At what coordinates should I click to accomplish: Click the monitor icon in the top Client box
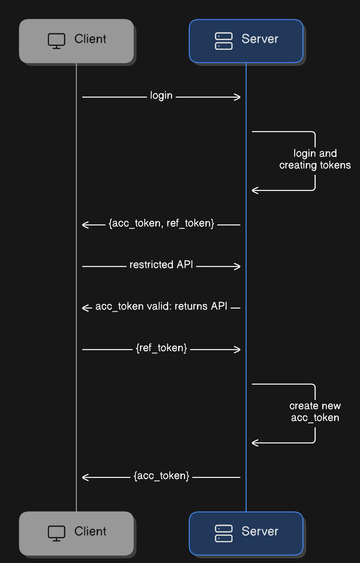click(x=56, y=41)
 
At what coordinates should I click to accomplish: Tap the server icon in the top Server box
click(x=224, y=41)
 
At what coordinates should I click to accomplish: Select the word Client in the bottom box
click(x=90, y=531)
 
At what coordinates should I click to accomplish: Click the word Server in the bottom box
click(x=260, y=531)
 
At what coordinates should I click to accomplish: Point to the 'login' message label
click(x=161, y=96)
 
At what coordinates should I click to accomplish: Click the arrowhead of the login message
click(x=238, y=97)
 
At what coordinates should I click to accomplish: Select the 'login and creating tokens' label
click(x=315, y=159)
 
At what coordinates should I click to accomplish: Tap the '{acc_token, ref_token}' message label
click(x=161, y=223)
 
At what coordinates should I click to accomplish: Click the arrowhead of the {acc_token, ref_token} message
click(x=85, y=225)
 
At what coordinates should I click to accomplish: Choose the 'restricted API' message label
click(x=161, y=265)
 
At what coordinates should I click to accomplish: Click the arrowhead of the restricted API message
click(x=238, y=266)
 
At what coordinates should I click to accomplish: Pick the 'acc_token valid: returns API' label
click(x=161, y=307)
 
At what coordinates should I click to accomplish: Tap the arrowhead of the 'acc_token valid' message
click(x=85, y=308)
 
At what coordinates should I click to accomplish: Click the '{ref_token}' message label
click(x=161, y=348)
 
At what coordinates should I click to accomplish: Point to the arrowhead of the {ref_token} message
click(x=238, y=349)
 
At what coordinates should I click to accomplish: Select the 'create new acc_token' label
click(x=315, y=412)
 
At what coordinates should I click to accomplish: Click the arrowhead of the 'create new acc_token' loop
click(x=255, y=443)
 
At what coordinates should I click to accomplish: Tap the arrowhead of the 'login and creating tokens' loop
click(x=255, y=190)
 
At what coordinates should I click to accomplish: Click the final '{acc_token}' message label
click(x=161, y=476)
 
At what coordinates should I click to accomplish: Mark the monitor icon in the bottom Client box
click(x=56, y=533)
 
